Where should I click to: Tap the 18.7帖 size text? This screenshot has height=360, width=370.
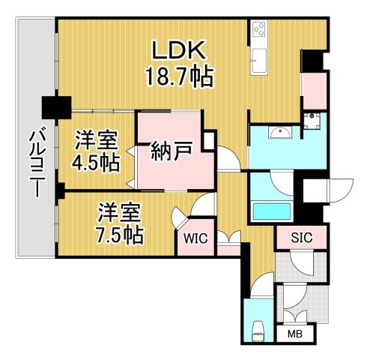tap(180, 76)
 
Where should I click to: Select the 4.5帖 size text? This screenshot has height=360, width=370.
tap(96, 162)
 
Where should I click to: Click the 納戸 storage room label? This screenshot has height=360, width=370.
tap(169, 151)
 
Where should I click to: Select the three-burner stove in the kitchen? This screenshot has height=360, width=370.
tap(259, 30)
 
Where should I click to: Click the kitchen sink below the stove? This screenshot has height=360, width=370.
tap(259, 58)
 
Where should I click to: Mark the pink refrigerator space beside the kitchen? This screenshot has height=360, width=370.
tap(313, 88)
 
